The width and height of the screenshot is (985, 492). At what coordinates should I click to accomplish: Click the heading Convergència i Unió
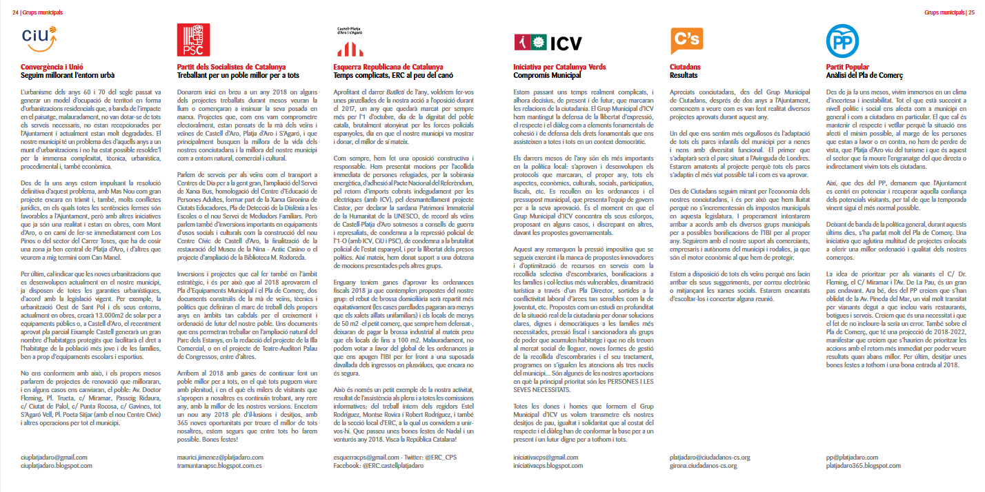pyautogui.click(x=52, y=67)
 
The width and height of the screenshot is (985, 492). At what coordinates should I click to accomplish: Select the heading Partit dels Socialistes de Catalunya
pyautogui.click(x=223, y=67)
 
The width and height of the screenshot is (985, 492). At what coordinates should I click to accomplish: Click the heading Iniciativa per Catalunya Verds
pyautogui.click(x=560, y=67)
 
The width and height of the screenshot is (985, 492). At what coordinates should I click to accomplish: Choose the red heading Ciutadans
pyautogui.click(x=686, y=67)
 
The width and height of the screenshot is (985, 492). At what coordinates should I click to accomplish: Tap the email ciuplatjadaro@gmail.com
pyautogui.click(x=54, y=457)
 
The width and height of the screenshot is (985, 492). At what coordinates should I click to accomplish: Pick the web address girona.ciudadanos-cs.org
pyautogui.click(x=710, y=466)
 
